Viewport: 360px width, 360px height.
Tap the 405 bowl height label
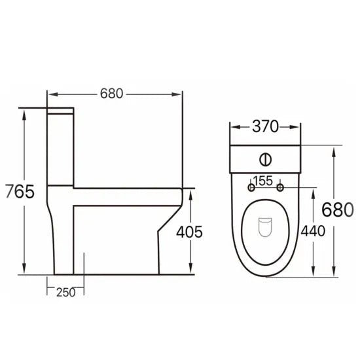point(189,231)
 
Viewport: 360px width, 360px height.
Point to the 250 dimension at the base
point(65,291)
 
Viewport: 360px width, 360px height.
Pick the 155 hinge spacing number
point(265,181)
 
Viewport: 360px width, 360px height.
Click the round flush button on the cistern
point(266,158)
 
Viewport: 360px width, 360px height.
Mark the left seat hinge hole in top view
point(251,189)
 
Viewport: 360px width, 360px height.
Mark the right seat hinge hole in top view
point(281,189)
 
